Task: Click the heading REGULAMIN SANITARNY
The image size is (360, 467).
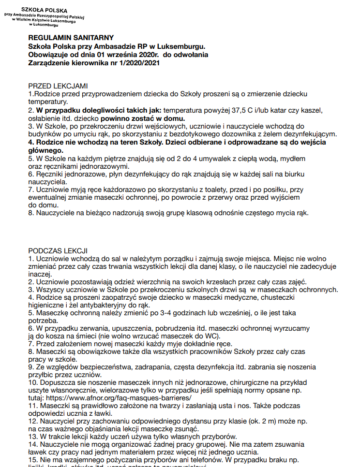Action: pyautogui.click(x=71, y=38)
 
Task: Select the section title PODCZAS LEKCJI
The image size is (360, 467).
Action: pyautogui.click(x=58, y=251)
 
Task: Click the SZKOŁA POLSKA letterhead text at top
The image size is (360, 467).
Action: pyautogui.click(x=44, y=9)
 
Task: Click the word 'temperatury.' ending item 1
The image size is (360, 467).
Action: pyautogui.click(x=47, y=102)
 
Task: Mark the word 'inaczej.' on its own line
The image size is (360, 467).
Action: pyautogui.click(x=40, y=274)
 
